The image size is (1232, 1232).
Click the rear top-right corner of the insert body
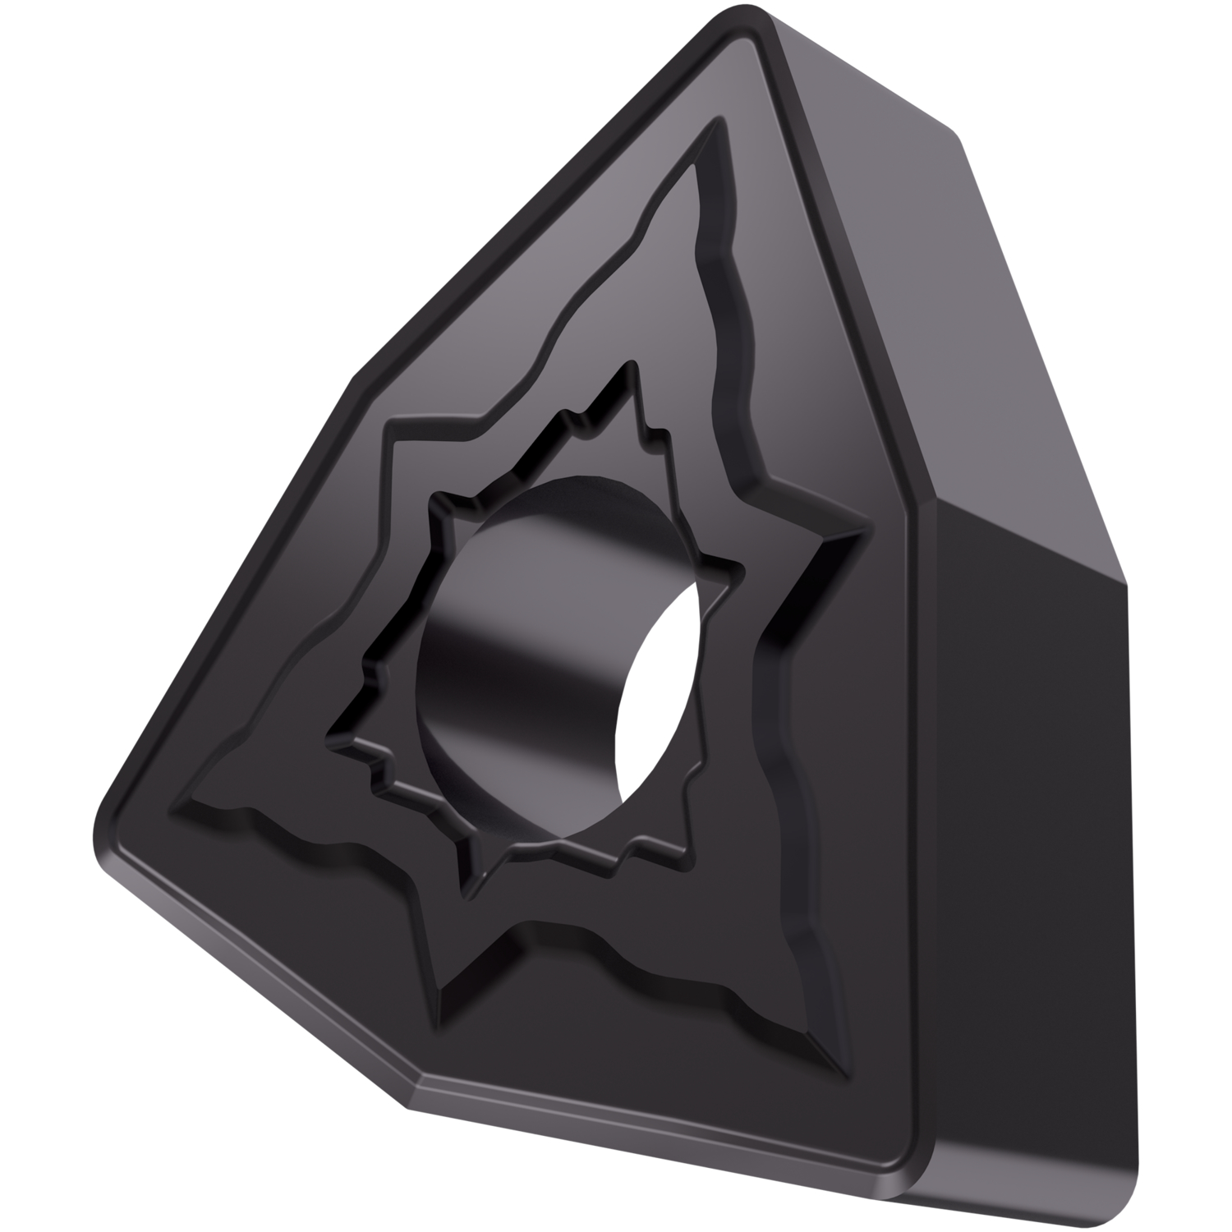coord(953,131)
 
